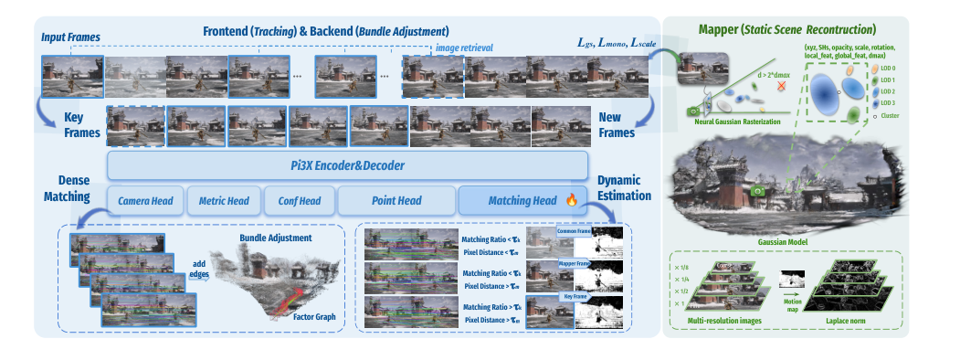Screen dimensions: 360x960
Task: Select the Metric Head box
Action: [x=224, y=200]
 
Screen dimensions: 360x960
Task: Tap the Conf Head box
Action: [x=298, y=200]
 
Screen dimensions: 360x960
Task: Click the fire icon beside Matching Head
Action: [x=571, y=199]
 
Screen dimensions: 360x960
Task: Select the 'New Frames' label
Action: [x=616, y=126]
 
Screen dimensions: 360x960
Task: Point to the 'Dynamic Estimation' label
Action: [x=622, y=188]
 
